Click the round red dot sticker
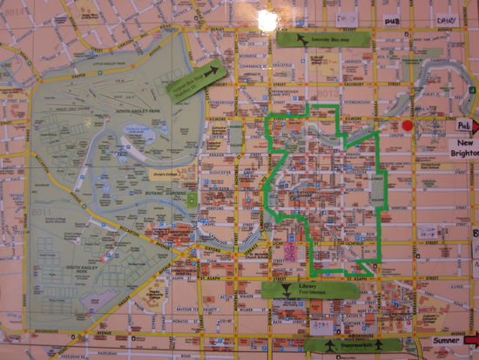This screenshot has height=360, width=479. click(x=407, y=126)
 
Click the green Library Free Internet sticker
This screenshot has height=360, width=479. click(x=308, y=290)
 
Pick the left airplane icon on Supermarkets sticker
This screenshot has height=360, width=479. click(x=330, y=346)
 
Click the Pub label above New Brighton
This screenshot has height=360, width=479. click(x=462, y=126)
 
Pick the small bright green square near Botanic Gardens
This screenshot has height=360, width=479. click(x=191, y=200)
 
